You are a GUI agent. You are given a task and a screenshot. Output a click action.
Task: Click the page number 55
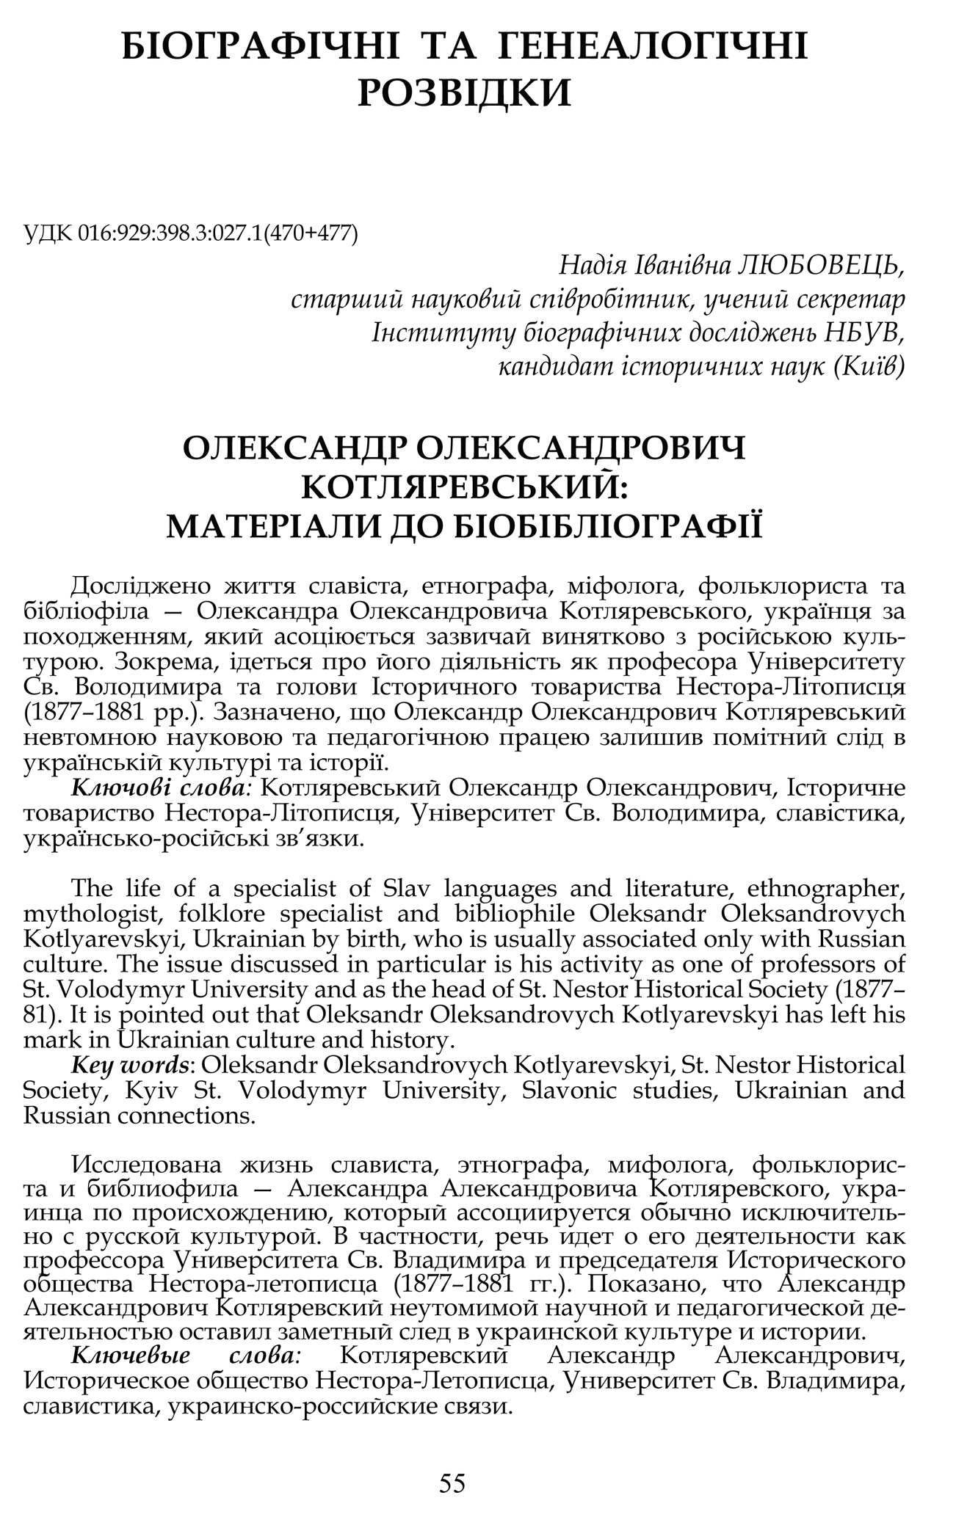click(452, 1483)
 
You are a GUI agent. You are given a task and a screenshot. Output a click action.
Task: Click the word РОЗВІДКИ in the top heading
click(464, 93)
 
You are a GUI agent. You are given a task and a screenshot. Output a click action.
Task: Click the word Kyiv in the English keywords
click(155, 1090)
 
